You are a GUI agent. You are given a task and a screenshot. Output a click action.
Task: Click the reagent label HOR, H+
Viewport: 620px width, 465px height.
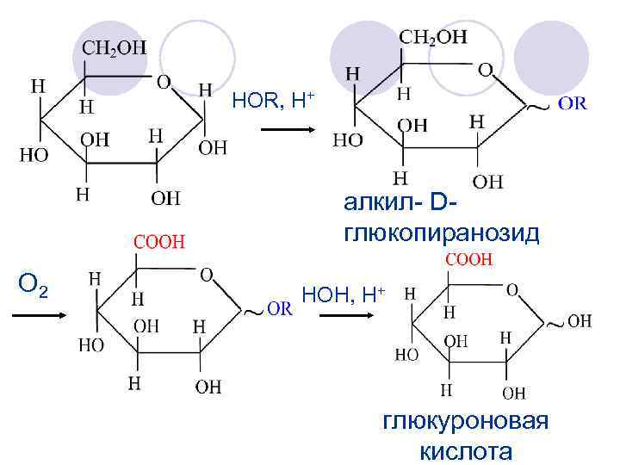click(274, 102)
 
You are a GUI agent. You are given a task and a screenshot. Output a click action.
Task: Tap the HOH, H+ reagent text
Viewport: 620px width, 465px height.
click(344, 295)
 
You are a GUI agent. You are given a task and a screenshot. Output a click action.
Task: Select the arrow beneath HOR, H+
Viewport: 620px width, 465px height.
click(288, 131)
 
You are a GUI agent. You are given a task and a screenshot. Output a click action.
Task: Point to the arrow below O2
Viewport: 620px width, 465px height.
click(39, 315)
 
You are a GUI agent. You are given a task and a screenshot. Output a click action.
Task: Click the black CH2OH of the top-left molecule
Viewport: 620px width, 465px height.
click(114, 49)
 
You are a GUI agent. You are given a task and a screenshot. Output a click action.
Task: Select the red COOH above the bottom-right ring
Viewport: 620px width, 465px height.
click(468, 258)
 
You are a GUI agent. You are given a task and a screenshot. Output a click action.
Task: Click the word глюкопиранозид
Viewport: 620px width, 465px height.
click(441, 233)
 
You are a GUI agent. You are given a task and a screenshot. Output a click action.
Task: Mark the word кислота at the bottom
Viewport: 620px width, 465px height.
click(465, 451)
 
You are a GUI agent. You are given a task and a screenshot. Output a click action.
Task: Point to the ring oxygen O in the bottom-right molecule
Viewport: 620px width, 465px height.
click(512, 290)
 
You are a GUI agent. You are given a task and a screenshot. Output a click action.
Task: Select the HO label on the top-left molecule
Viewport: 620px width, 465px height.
click(34, 155)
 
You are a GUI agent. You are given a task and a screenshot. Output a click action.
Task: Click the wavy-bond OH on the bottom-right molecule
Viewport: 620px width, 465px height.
click(579, 321)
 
